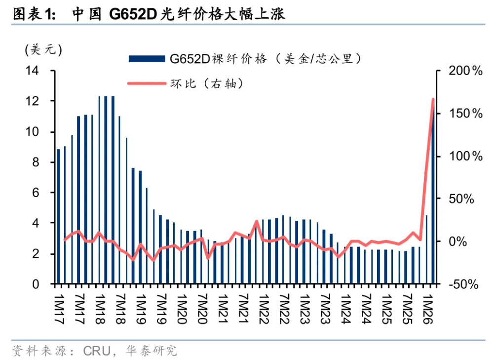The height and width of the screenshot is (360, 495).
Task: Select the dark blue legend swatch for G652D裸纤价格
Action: (147, 59)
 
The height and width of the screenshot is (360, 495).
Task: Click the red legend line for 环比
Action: (147, 83)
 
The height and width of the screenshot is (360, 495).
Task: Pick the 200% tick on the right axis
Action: (464, 71)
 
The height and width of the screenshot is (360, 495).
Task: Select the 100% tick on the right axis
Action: (464, 157)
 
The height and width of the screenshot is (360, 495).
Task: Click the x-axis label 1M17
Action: (58, 310)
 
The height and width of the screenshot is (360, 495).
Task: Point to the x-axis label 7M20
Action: (201, 310)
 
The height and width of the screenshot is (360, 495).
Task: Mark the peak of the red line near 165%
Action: (433, 99)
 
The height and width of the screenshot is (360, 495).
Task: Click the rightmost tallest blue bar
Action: (433, 198)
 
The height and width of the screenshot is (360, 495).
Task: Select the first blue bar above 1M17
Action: (58, 217)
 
